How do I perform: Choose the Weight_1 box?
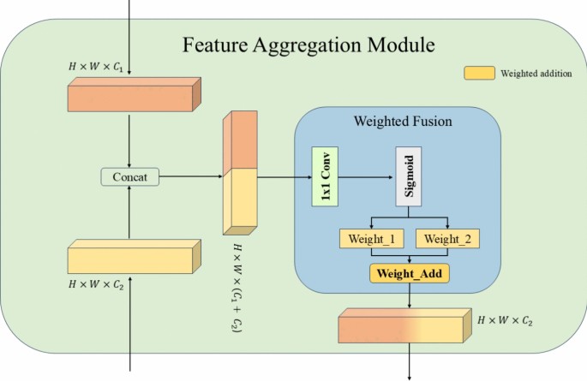point(371,238)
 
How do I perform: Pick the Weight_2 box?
point(447,238)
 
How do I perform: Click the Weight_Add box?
point(410,274)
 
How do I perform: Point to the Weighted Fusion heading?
point(402,122)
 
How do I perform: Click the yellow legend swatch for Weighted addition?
point(480,74)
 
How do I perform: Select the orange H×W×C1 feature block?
point(133,96)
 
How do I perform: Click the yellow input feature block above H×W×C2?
point(133,256)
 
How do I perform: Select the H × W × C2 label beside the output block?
point(512,319)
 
